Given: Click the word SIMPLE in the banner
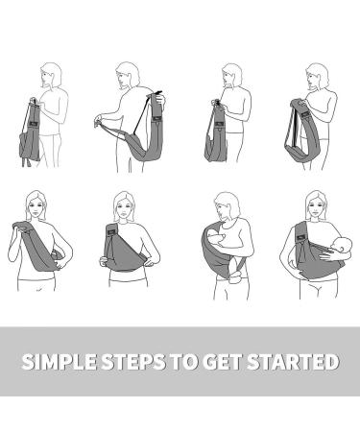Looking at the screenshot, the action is [59, 362].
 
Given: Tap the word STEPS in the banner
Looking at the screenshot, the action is [133, 362].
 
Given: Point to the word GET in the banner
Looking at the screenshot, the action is [222, 362].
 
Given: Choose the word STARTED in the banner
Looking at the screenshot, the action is [293, 362].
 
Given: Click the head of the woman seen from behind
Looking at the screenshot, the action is [128, 76].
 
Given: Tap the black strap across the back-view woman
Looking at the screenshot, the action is [141, 114].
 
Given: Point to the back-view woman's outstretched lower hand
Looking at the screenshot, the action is [98, 121].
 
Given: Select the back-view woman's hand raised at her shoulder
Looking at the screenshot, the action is [160, 99].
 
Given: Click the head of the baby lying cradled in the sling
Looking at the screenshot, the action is [214, 238].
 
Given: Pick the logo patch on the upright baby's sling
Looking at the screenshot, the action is [301, 237].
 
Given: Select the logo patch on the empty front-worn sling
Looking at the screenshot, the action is [111, 230].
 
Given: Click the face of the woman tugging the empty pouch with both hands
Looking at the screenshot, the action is [123, 210].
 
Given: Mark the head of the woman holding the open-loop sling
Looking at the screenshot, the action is [317, 77].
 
